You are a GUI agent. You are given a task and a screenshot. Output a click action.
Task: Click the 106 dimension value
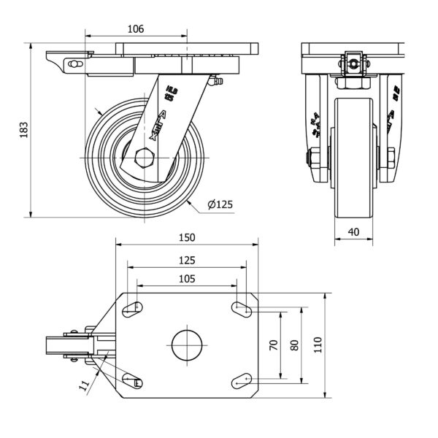(x=135, y=29)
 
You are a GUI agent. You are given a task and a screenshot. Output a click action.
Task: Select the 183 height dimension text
(x=23, y=130)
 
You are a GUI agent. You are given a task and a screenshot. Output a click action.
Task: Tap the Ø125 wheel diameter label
(x=220, y=205)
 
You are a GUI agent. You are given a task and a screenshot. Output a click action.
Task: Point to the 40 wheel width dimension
(x=354, y=233)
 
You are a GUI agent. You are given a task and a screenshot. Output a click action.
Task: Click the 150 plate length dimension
(x=187, y=238)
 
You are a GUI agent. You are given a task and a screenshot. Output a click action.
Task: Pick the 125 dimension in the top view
(x=187, y=260)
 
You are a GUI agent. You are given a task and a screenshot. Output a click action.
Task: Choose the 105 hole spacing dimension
(x=187, y=279)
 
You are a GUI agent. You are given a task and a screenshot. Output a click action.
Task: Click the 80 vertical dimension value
(x=294, y=345)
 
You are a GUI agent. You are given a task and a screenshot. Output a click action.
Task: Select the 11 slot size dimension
(x=85, y=384)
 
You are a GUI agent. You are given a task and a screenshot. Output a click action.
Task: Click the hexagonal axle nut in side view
(x=145, y=158)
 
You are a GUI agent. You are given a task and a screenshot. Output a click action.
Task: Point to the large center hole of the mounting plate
(x=187, y=345)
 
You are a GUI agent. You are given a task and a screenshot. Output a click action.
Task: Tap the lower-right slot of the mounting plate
(x=242, y=380)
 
